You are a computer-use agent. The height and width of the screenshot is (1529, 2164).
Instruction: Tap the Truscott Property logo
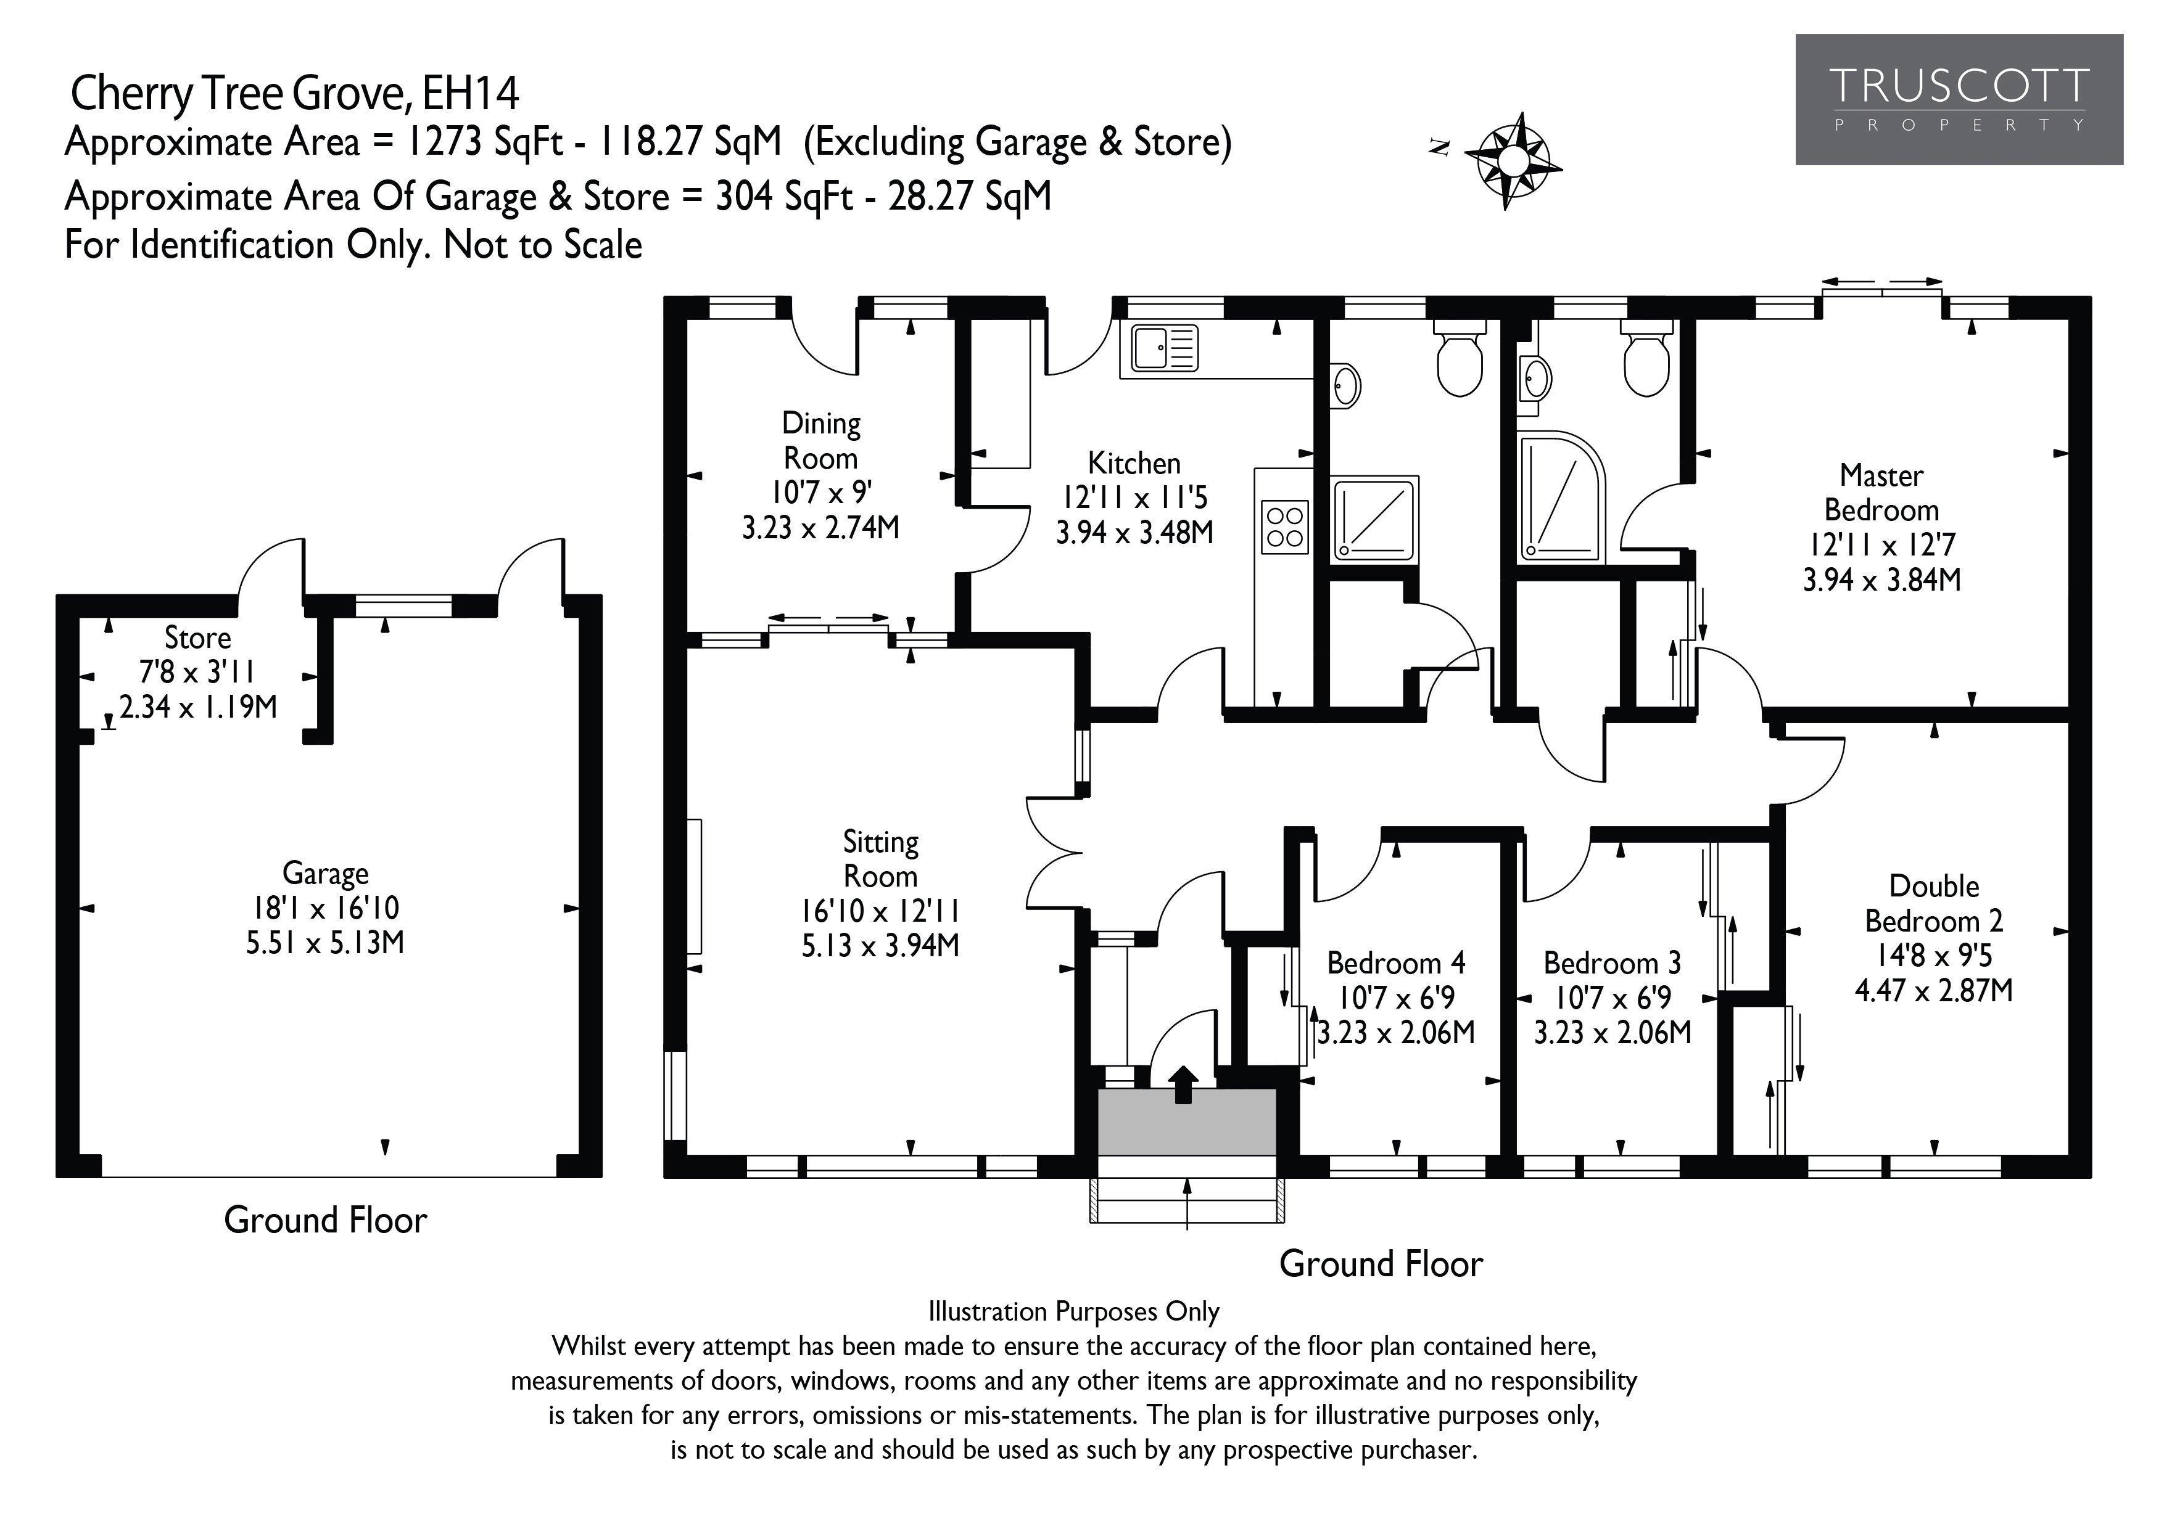tap(1959, 100)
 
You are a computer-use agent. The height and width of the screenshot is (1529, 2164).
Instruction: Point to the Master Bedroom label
tap(1882, 493)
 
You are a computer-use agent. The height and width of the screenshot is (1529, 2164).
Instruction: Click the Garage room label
tap(325, 873)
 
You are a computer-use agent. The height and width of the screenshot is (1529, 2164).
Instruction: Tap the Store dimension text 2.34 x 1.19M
tap(199, 707)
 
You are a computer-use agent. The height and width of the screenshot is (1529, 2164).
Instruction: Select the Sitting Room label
tap(880, 858)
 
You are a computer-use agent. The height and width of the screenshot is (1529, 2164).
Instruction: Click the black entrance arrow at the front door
tap(1184, 1084)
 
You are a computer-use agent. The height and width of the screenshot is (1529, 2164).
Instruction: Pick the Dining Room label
tap(821, 441)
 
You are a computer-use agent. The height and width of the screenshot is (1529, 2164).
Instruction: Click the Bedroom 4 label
tap(1396, 963)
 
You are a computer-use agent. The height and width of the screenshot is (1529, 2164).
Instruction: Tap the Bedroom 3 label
tap(1613, 963)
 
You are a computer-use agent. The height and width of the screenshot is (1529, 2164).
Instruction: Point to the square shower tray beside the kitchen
tap(1375, 519)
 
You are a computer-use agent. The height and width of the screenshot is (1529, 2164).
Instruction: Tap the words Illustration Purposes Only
tap(1073, 1311)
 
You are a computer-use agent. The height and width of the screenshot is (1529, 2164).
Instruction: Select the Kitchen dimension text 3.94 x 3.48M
tap(1135, 532)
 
